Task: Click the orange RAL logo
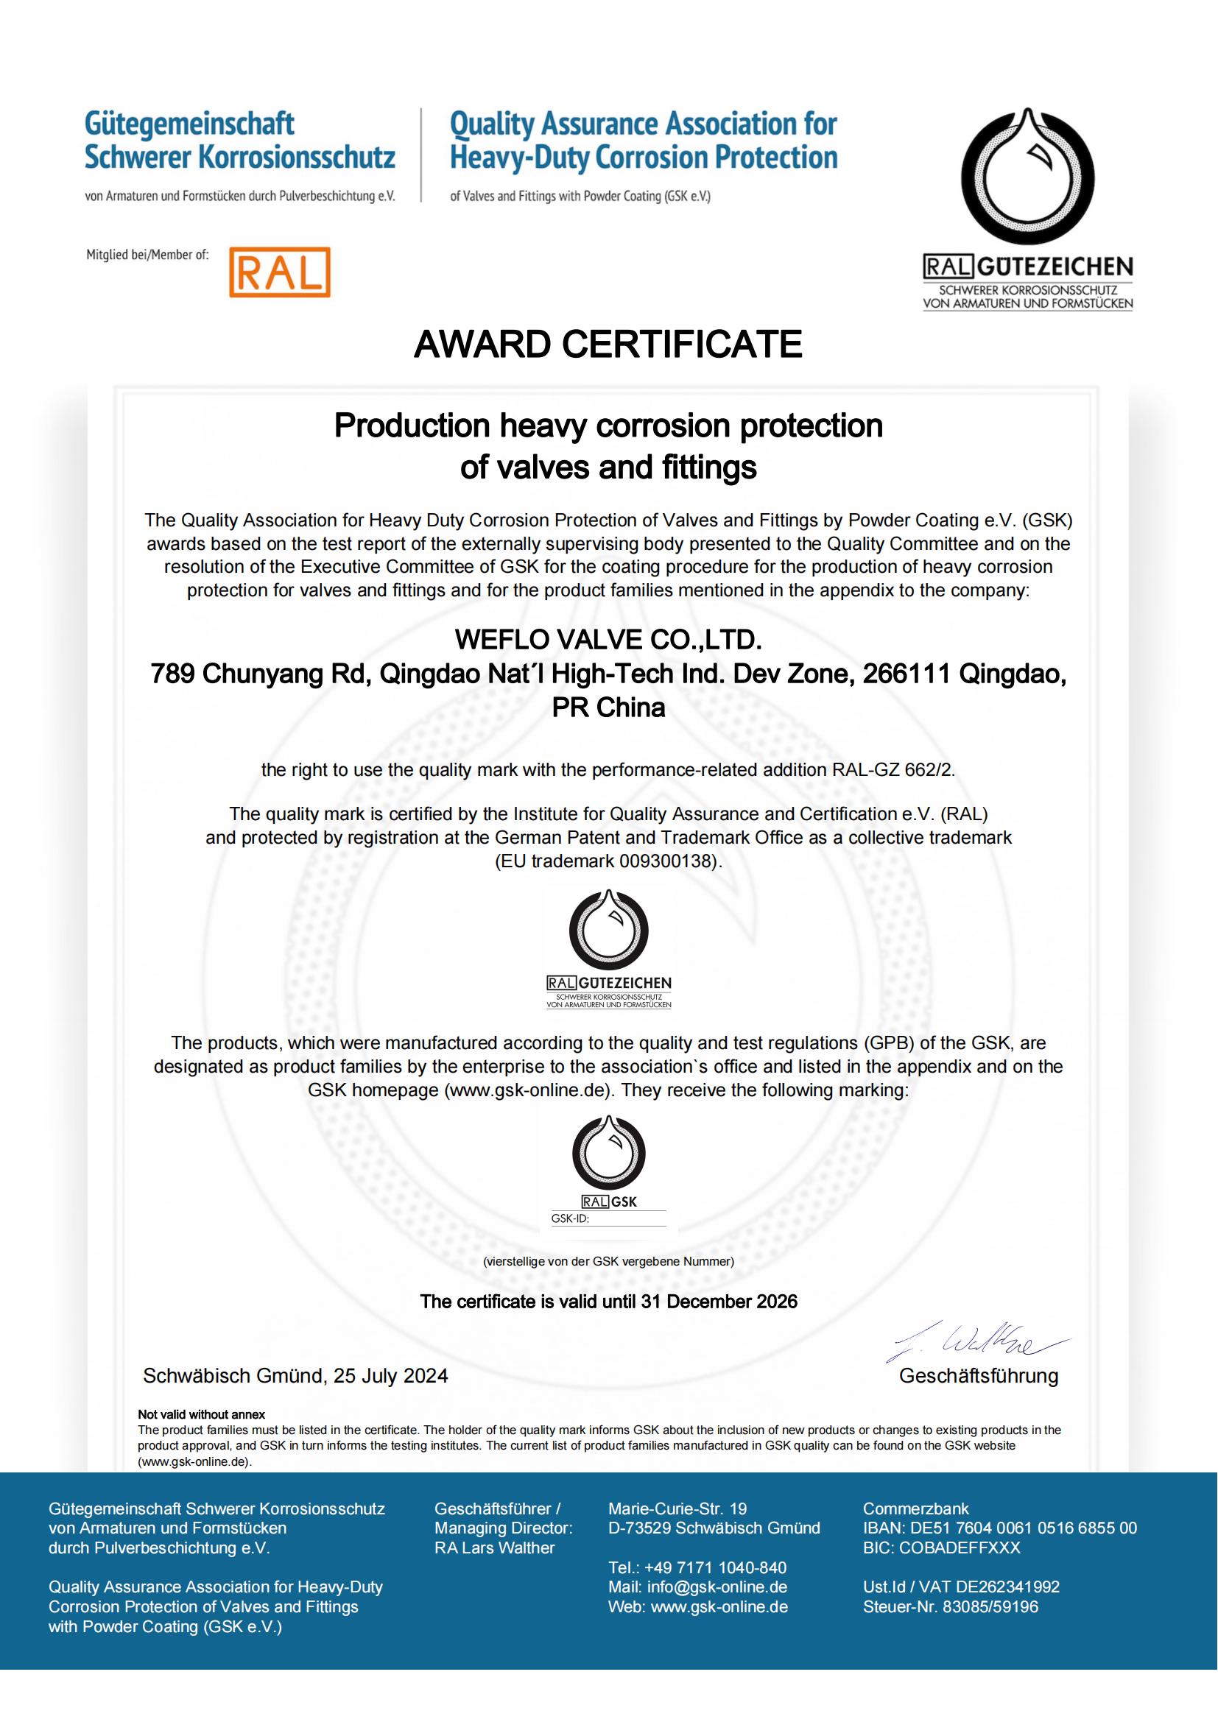tap(279, 272)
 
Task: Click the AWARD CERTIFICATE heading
tap(608, 345)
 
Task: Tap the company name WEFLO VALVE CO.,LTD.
tap(608, 640)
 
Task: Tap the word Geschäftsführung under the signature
tap(979, 1375)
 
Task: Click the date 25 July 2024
tap(391, 1375)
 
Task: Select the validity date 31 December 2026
tap(719, 1301)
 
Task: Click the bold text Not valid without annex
tap(202, 1414)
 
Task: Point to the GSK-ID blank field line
tap(628, 1218)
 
